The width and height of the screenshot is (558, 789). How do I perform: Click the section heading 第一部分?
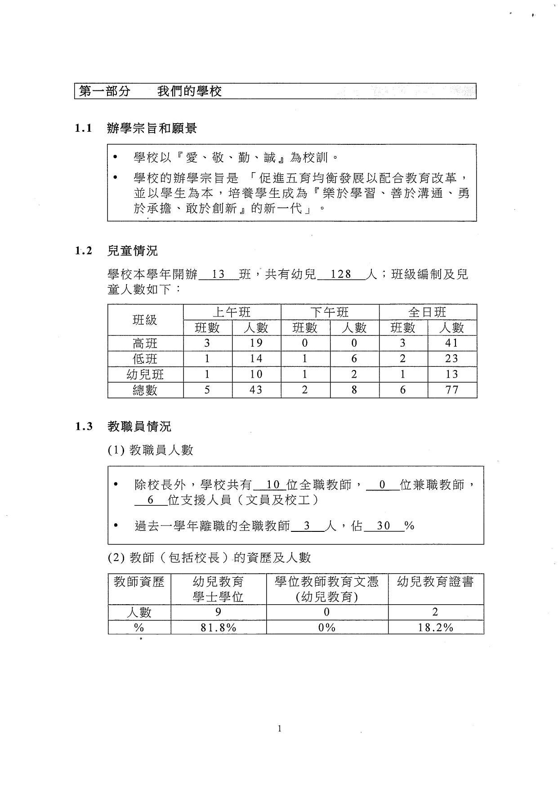point(105,91)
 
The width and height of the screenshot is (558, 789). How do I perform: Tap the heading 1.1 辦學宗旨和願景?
point(136,129)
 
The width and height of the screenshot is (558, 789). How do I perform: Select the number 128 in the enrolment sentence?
point(341,274)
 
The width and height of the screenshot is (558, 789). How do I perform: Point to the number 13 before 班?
point(218,274)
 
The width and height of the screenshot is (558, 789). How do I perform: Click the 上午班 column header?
point(232,312)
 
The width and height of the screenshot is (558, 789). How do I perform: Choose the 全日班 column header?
point(427,312)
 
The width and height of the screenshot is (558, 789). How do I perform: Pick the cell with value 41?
point(451,343)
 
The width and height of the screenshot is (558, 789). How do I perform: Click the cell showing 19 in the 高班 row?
point(256,343)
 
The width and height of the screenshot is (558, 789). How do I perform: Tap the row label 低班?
point(145,359)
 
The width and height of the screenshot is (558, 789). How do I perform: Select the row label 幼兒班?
point(145,374)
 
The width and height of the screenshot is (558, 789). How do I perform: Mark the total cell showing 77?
point(451,390)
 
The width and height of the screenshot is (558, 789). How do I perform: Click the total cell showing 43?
point(256,390)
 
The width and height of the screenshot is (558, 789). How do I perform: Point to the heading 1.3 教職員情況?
point(123,426)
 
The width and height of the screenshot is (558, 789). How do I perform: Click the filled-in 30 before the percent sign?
point(384,526)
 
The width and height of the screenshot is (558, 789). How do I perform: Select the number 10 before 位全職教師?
point(273,485)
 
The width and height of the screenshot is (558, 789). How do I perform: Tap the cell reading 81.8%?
point(219,628)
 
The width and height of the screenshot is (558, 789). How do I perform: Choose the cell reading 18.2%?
point(435,628)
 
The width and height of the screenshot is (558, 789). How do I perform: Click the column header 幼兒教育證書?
point(435,582)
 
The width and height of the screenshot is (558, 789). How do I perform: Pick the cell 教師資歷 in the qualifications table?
point(139,582)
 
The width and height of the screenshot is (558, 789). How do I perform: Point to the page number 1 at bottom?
point(280,729)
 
